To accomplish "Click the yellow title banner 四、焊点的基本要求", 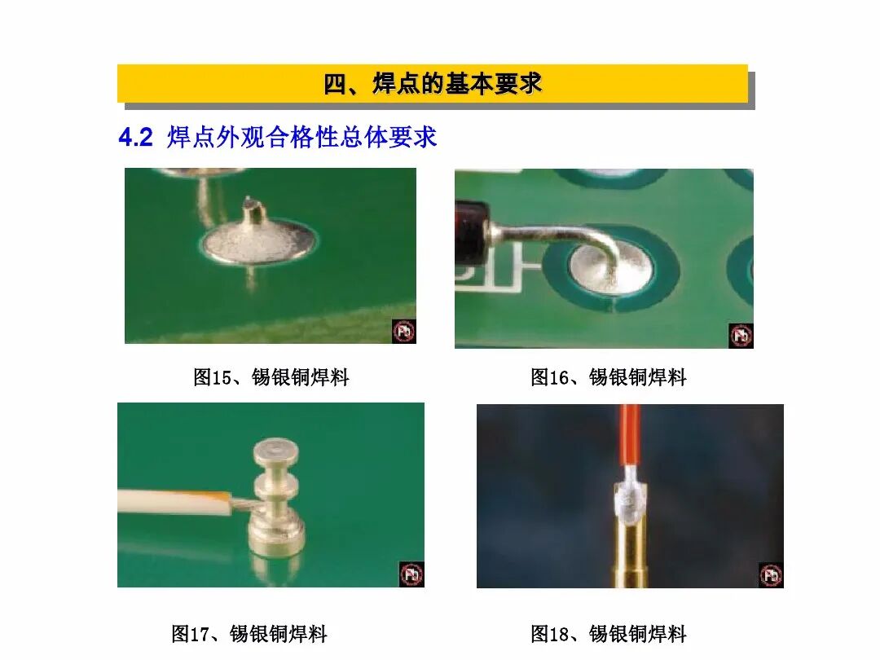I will coord(433,83).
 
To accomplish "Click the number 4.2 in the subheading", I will coord(135,138).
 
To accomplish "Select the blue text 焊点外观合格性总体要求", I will coord(302,138).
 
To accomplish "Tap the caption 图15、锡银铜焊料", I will coord(271,377).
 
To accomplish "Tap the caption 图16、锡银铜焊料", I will coord(609,377).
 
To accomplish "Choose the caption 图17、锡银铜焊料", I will coord(249,634).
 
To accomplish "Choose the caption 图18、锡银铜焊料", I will coord(609,634).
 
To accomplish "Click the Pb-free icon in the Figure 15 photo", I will coord(403,332).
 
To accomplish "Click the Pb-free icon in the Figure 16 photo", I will coord(741,336).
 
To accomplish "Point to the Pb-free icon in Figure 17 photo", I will coord(411,574).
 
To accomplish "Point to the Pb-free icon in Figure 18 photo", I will coord(771,575).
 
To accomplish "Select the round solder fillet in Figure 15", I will coord(258,243).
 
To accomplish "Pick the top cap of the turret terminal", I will coord(276,451).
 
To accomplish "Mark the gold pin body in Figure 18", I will coord(629,554).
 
